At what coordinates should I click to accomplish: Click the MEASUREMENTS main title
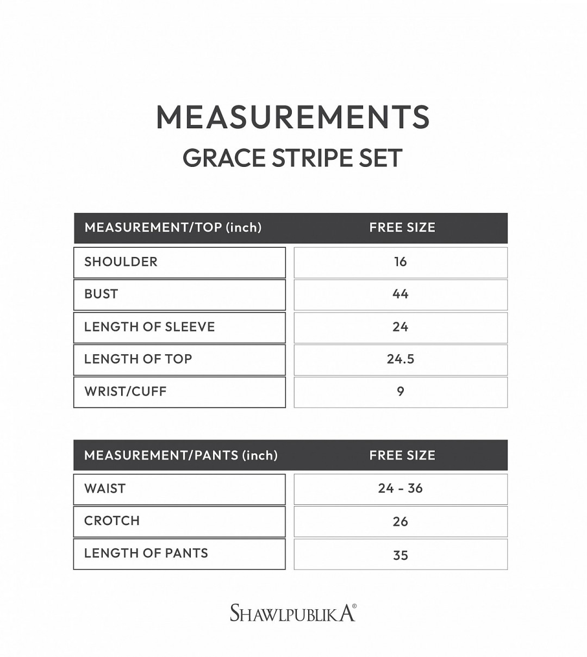[x=293, y=117]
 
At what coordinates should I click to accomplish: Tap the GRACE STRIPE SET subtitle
[x=293, y=158]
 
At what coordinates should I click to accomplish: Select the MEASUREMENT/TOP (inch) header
[x=173, y=228]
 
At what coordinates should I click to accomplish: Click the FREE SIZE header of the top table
[x=402, y=228]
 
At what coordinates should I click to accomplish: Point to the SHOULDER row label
[x=121, y=262]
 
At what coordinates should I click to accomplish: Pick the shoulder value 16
[x=401, y=262]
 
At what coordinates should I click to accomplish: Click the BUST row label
[x=101, y=294]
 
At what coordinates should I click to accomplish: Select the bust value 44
[x=401, y=294]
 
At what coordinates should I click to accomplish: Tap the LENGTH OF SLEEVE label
[x=149, y=327]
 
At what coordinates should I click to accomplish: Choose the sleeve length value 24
[x=401, y=327]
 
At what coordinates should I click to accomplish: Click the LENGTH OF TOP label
[x=138, y=359]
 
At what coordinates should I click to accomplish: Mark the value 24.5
[x=401, y=359]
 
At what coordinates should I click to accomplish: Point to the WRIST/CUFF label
[x=126, y=391]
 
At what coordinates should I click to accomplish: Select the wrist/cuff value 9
[x=401, y=391]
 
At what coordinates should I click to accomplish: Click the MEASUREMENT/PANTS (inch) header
[x=181, y=455]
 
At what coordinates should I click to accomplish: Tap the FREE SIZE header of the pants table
[x=402, y=455]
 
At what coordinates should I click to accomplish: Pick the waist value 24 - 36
[x=401, y=489]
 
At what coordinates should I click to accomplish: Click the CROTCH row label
[x=112, y=521]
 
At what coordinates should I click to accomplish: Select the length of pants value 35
[x=401, y=555]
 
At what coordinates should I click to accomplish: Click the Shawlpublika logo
[x=293, y=612]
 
